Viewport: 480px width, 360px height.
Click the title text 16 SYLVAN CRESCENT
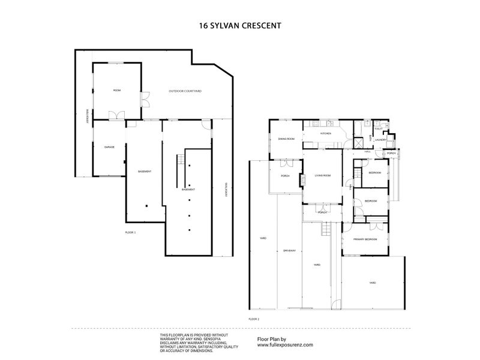point(240,26)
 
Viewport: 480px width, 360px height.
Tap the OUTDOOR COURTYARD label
point(184,91)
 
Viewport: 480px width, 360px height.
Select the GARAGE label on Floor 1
point(109,146)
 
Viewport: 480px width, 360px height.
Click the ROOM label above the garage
point(117,90)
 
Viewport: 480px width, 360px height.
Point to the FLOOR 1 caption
point(130,232)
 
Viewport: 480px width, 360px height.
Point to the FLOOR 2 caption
point(253,319)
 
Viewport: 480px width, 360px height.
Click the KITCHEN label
point(326,134)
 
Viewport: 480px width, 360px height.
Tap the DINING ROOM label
point(286,139)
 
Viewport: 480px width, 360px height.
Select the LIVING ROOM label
point(323,175)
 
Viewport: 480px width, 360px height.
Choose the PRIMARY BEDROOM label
point(365,239)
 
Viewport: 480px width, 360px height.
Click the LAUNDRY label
point(380,140)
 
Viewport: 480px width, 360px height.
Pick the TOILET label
point(378,128)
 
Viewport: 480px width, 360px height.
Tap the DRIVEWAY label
point(289,250)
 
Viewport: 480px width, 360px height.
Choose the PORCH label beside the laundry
point(391,153)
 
